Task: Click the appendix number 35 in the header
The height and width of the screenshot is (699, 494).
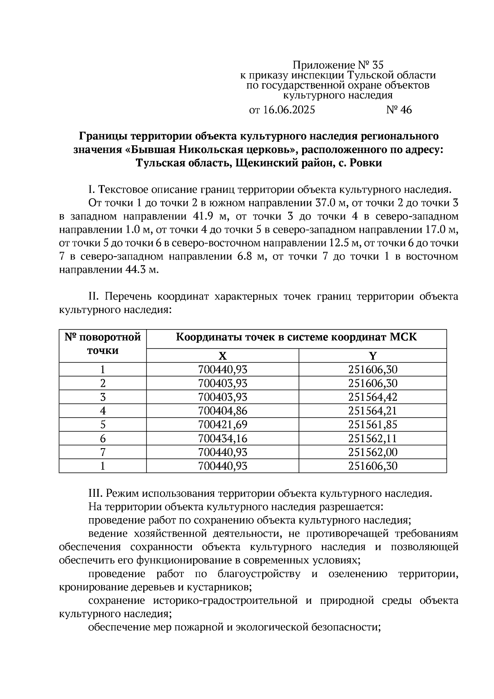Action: [377, 65]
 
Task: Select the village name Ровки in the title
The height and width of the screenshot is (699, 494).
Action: [366, 163]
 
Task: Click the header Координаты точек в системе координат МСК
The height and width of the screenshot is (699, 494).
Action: [296, 337]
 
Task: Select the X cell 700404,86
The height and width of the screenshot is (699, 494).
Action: [222, 411]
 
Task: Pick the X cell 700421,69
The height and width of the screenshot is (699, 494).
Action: [222, 425]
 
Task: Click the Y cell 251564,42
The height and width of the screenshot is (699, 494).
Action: [373, 397]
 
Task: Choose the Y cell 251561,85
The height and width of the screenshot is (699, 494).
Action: [373, 425]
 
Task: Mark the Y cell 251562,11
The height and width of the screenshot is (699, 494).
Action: [373, 438]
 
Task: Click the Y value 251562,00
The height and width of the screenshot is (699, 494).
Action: [373, 452]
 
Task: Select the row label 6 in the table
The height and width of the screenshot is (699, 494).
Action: [103, 438]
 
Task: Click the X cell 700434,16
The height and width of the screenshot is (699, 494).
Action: [222, 438]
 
